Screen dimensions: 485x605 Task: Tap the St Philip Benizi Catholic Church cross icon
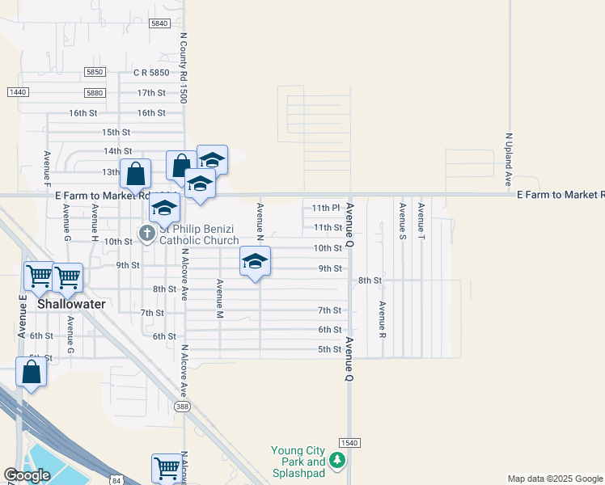click(146, 234)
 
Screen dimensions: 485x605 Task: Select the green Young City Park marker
click(337, 462)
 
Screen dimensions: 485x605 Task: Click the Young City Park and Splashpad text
click(298, 462)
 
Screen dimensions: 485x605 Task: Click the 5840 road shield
click(159, 24)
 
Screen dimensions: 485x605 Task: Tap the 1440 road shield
click(18, 92)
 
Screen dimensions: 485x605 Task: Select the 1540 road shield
click(349, 443)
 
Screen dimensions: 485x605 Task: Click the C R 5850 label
click(151, 73)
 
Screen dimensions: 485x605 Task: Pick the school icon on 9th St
click(255, 261)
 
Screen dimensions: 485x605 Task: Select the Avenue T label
click(421, 220)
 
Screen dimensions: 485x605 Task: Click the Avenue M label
click(218, 298)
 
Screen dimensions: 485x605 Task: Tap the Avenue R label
click(382, 319)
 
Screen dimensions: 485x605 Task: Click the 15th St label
click(116, 132)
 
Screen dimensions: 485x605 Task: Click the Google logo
click(27, 475)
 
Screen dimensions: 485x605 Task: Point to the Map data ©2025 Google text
click(555, 479)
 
